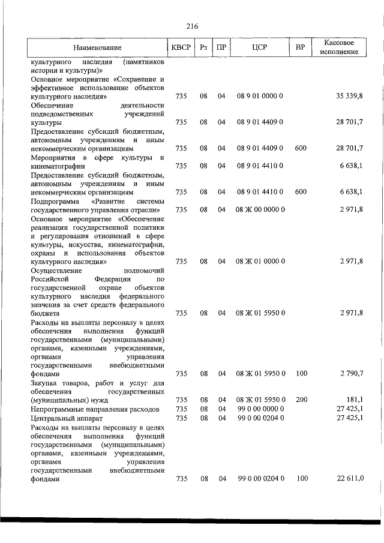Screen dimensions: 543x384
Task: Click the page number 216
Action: (x=192, y=26)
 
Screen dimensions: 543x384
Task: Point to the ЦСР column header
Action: (x=260, y=47)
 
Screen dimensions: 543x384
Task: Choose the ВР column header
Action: (x=301, y=47)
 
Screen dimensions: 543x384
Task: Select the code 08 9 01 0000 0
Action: (x=260, y=96)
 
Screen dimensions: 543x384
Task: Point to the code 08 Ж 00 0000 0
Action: (x=260, y=209)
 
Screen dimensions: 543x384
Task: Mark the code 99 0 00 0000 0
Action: (x=260, y=409)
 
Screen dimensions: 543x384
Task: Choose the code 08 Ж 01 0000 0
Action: (x=260, y=262)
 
